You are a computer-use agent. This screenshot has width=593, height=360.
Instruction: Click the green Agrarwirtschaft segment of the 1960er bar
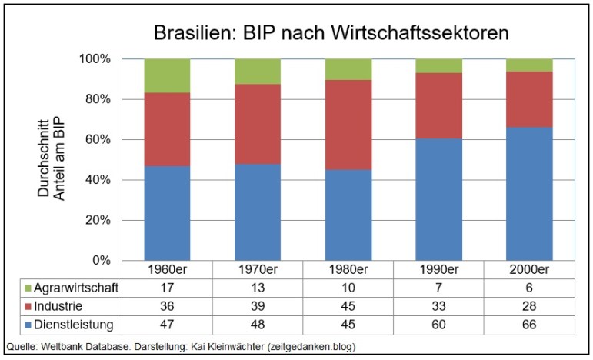tap(168, 75)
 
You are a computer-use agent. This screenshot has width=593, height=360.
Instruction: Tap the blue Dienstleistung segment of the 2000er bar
tap(529, 194)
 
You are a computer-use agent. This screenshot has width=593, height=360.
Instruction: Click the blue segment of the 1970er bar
tap(258, 212)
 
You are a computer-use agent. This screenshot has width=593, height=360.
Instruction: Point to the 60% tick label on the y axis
tap(98, 140)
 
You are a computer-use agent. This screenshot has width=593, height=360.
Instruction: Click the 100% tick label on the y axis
tap(95, 59)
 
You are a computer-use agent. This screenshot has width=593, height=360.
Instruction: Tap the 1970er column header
tap(258, 270)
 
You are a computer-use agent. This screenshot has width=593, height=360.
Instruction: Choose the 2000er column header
tap(529, 270)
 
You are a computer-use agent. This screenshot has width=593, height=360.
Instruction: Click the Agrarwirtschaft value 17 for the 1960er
tap(168, 287)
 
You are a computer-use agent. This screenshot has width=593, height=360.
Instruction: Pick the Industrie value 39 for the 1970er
tap(258, 305)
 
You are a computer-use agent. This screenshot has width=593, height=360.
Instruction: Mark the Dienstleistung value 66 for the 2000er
tap(529, 323)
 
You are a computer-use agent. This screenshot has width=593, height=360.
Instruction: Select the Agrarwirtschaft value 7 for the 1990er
tap(439, 287)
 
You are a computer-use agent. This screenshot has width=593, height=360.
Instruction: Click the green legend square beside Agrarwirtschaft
tap(29, 288)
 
